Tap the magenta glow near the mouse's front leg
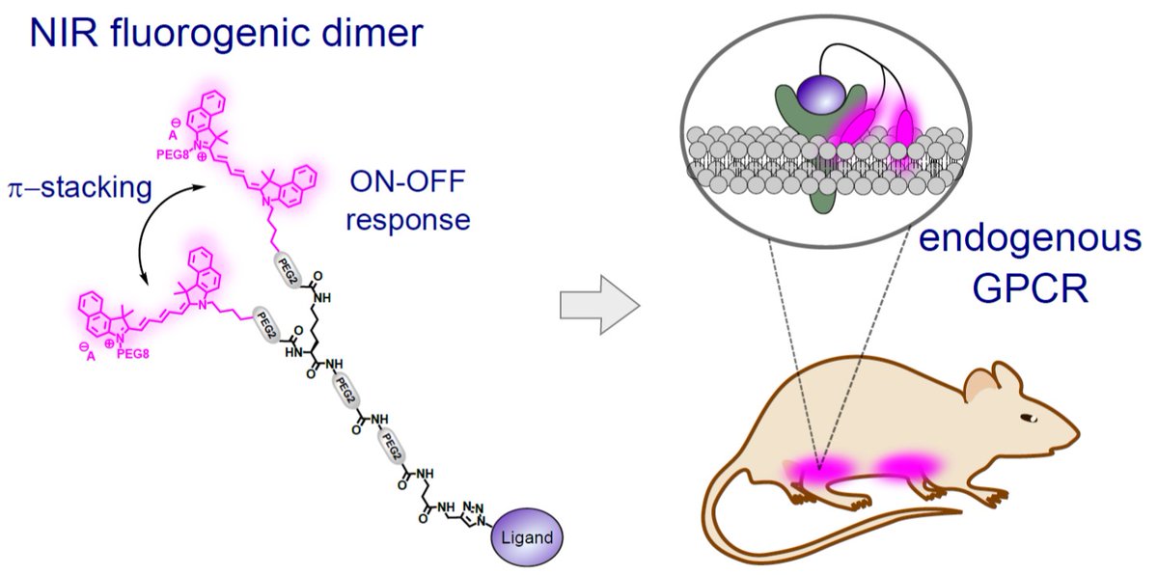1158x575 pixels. [905, 465]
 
